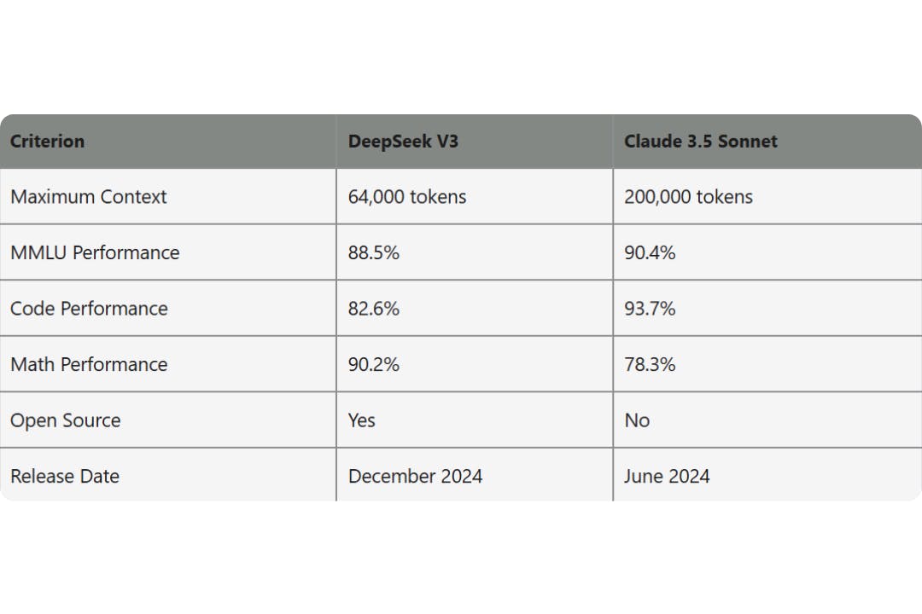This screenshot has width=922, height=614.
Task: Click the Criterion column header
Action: (48, 142)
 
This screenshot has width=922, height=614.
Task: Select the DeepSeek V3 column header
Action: (403, 142)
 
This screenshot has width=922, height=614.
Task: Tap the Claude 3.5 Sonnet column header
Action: (700, 142)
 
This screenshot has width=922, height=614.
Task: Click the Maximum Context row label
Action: (89, 197)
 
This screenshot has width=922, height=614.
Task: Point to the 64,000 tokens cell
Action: (407, 197)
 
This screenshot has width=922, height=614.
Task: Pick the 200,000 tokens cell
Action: (688, 197)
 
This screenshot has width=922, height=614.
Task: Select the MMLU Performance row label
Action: (95, 252)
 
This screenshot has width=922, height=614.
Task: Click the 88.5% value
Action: (374, 252)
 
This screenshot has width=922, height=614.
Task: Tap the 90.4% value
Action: (650, 252)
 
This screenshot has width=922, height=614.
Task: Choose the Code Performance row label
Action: (89, 309)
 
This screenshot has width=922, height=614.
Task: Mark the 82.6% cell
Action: (374, 309)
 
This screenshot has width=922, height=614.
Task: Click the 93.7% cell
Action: (650, 309)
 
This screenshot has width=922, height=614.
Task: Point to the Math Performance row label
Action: (89, 364)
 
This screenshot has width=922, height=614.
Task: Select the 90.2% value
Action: (374, 364)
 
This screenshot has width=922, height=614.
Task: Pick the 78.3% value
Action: (650, 364)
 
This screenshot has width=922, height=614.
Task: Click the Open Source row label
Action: (66, 420)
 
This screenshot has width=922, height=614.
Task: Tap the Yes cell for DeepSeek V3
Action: (362, 420)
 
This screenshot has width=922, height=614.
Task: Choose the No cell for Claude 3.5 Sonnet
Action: (637, 420)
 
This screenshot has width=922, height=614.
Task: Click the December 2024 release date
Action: (415, 476)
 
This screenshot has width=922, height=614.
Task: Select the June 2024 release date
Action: (667, 476)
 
